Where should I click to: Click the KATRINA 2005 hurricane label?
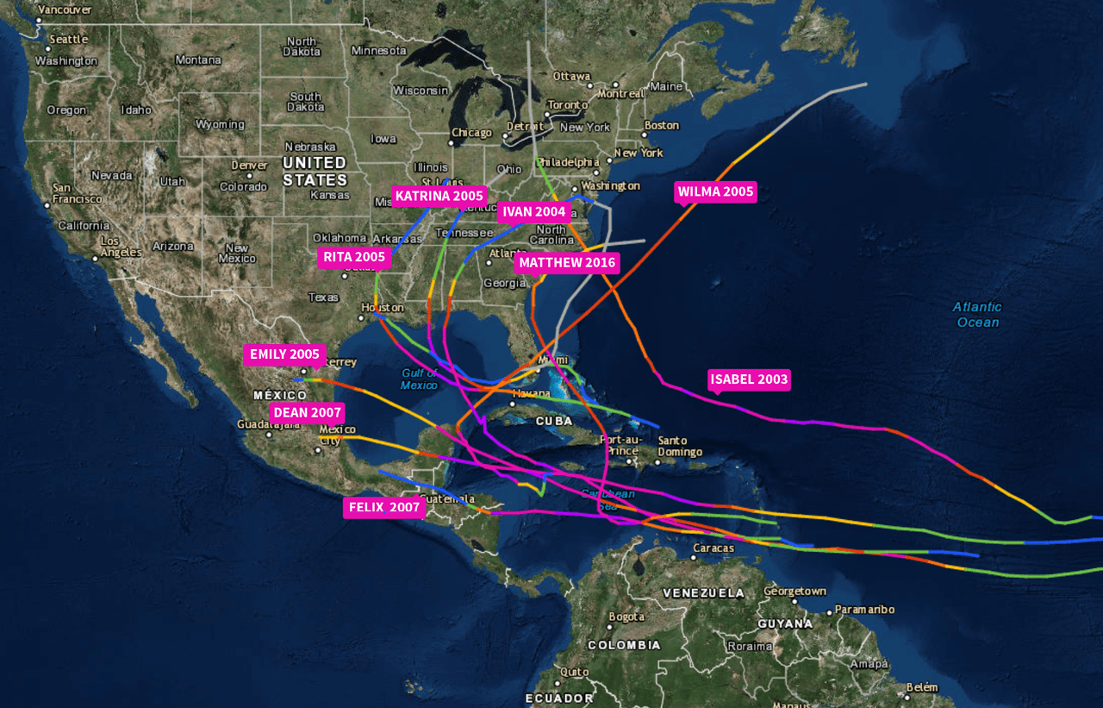pyautogui.click(x=439, y=197)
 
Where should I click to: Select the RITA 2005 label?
pyautogui.click(x=354, y=257)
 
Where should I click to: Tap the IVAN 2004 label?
pyautogui.click(x=534, y=212)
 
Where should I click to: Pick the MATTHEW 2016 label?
pyautogui.click(x=567, y=262)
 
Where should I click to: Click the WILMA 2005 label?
pyautogui.click(x=715, y=191)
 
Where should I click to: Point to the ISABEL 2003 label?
pyautogui.click(x=749, y=379)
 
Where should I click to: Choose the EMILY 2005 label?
pyautogui.click(x=284, y=354)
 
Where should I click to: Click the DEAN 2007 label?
pyautogui.click(x=308, y=412)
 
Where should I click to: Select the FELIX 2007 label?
pyautogui.click(x=383, y=507)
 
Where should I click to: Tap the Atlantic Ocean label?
pyautogui.click(x=977, y=315)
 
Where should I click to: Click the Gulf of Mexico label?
pyautogui.click(x=419, y=379)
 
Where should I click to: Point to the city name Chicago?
pyautogui.click(x=471, y=133)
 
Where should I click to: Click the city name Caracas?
pyautogui.click(x=714, y=548)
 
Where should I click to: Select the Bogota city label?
pyautogui.click(x=626, y=617)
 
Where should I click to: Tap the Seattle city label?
pyautogui.click(x=69, y=39)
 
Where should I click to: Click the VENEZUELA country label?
pyautogui.click(x=703, y=593)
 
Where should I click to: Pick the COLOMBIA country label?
pyautogui.click(x=624, y=645)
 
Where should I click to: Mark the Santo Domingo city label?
pyautogui.click(x=680, y=446)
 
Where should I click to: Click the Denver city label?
pyautogui.click(x=249, y=165)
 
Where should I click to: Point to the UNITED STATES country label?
pyautogui.click(x=315, y=171)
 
